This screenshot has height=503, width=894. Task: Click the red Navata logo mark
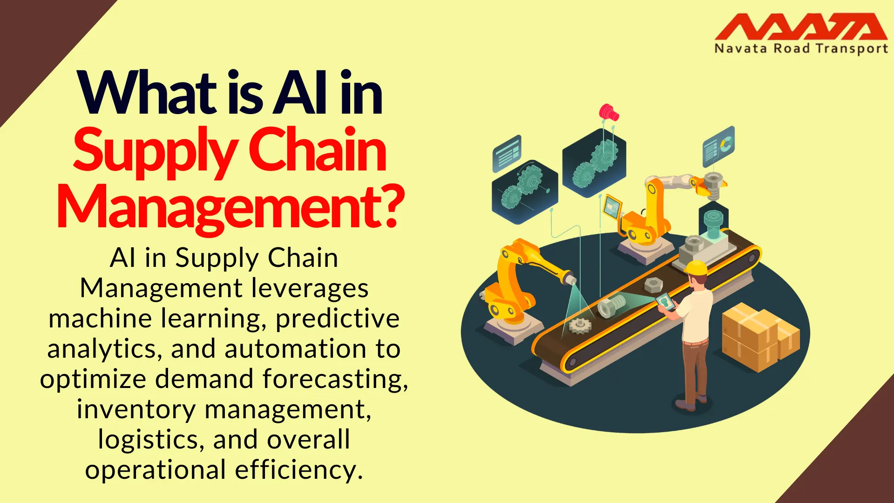pos(801,27)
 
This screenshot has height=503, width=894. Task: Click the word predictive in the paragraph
pos(338,319)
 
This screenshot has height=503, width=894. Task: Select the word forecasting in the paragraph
pos(335,379)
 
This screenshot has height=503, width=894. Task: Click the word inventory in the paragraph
pos(136,410)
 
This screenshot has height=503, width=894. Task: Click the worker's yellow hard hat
pos(696,268)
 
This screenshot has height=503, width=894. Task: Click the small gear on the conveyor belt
pos(580,325)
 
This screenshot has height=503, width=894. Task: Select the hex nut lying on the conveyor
pos(653,283)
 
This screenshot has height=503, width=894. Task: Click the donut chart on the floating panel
pos(726,144)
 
